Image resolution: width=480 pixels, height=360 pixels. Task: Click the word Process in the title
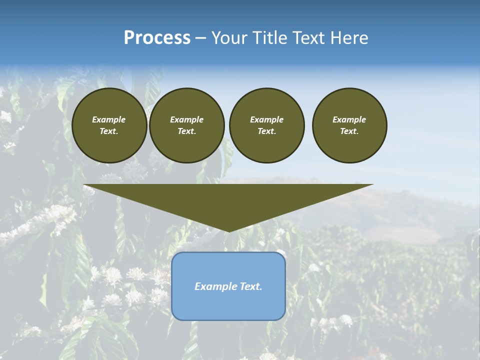pyautogui.click(x=157, y=38)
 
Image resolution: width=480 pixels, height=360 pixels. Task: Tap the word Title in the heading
pyautogui.click(x=269, y=38)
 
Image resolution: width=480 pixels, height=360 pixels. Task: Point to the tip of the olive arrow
pyautogui.click(x=229, y=231)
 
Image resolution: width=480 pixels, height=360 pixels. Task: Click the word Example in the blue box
pyautogui.click(x=213, y=286)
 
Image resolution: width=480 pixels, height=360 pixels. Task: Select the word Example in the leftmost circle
pyautogui.click(x=109, y=119)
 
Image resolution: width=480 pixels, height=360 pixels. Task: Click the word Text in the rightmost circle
pyautogui.click(x=349, y=131)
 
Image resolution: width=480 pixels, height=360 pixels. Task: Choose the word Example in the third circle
pyautogui.click(x=266, y=119)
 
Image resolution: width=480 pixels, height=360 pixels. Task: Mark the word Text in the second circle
pyautogui.click(x=186, y=131)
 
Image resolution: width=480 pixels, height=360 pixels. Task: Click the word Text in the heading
pyautogui.click(x=309, y=38)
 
